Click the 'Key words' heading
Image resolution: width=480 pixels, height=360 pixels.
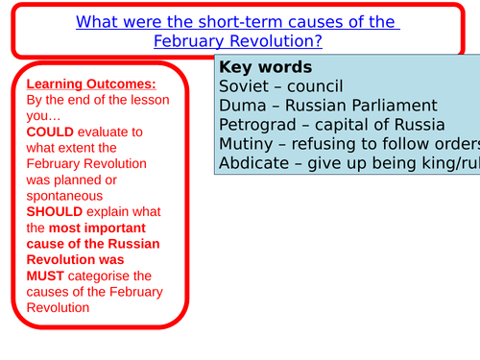pyautogui.click(x=265, y=67)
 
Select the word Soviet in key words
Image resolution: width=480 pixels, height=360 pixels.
pyautogui.click(x=243, y=86)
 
